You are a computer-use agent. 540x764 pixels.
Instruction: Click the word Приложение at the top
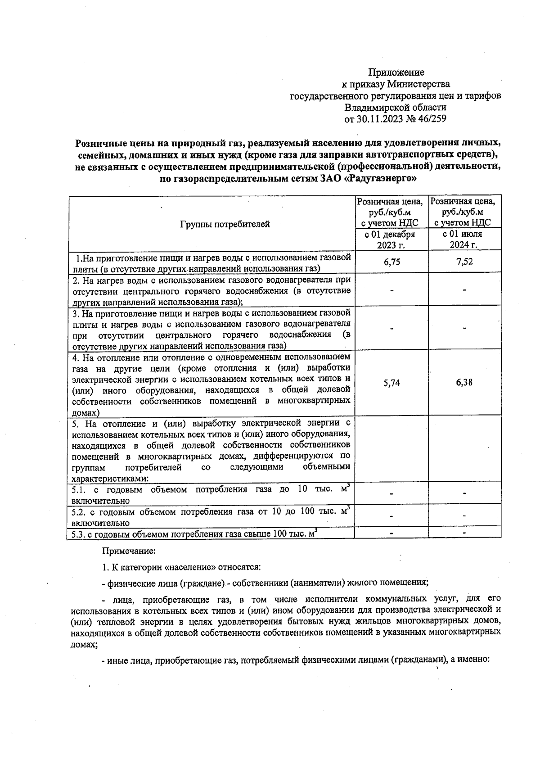click(396, 72)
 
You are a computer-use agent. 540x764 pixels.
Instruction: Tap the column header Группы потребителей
click(225, 224)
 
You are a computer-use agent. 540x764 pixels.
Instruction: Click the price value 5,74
click(391, 383)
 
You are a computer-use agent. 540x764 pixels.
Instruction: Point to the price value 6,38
click(464, 383)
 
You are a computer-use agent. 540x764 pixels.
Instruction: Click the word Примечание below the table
click(130, 550)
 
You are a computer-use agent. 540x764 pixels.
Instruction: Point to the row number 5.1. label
click(79, 489)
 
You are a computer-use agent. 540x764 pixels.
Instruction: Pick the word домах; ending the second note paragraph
click(84, 644)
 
